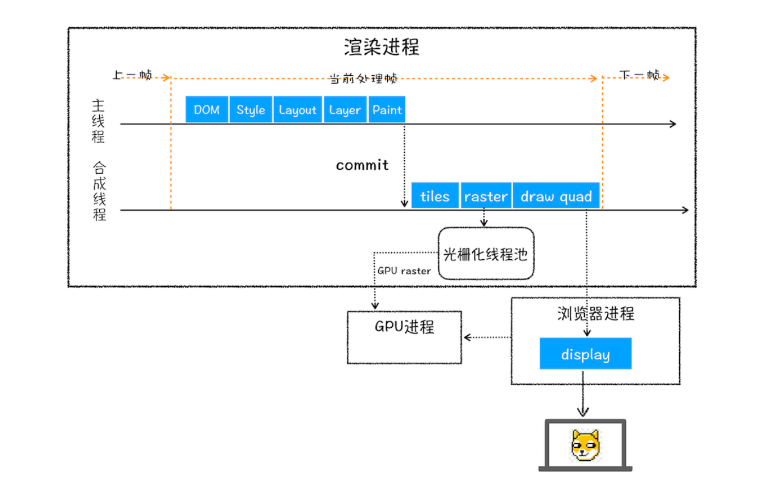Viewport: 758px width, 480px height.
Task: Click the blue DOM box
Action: click(206, 109)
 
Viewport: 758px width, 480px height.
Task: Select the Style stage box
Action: click(251, 109)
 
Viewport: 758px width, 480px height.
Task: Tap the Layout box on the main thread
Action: click(298, 109)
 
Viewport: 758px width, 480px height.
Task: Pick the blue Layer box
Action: click(345, 109)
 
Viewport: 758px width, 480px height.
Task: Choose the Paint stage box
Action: click(387, 109)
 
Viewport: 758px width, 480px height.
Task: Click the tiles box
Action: click(435, 196)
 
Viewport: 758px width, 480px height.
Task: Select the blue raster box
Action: click(485, 196)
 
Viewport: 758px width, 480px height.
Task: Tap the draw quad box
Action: click(556, 196)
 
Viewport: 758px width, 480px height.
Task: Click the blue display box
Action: click(585, 354)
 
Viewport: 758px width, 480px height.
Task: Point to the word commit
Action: click(362, 165)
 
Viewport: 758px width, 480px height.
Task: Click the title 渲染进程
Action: click(382, 47)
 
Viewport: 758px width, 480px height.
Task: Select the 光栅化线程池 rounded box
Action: click(486, 254)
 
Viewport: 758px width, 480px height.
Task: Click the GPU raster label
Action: click(404, 271)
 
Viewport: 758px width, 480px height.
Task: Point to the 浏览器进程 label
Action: click(595, 313)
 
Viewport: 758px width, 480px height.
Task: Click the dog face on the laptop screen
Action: click(585, 444)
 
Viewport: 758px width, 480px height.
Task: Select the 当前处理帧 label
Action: click(363, 79)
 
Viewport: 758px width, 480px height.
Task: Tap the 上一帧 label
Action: click(132, 75)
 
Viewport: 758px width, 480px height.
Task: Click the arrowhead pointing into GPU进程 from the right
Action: click(467, 337)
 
